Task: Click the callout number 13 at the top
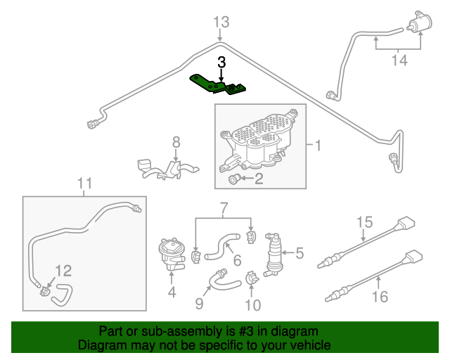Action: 221,22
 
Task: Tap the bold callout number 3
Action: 221,62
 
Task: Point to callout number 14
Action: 399,60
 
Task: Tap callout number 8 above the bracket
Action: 176,142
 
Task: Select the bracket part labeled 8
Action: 166,169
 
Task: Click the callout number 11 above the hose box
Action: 84,185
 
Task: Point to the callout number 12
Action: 63,270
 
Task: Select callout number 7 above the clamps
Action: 224,207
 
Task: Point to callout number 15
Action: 364,223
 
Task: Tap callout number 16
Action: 379,297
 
